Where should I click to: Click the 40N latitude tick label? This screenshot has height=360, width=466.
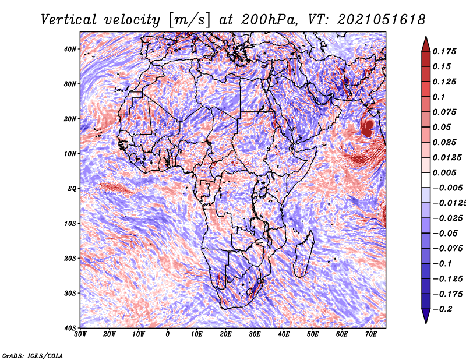(70, 49)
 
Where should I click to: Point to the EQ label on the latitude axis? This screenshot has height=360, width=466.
(72, 189)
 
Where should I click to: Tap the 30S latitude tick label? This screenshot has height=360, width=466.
(70, 293)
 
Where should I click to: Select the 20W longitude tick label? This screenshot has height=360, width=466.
(110, 334)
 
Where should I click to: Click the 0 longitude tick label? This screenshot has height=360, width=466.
(168, 334)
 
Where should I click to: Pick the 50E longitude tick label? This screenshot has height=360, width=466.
(313, 334)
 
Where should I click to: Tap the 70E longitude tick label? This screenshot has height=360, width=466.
(371, 334)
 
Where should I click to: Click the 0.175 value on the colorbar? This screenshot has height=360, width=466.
(444, 51)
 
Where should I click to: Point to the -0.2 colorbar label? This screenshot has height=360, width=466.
(442, 309)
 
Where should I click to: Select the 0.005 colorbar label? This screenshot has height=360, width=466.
(444, 172)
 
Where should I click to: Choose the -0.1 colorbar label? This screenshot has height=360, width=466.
(442, 263)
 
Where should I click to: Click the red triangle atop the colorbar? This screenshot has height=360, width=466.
(426, 44)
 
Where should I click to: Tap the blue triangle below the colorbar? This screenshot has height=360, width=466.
(426, 316)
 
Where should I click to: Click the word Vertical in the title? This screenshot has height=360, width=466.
(69, 20)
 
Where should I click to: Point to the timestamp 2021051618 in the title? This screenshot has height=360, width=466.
(382, 20)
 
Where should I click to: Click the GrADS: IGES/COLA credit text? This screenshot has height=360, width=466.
(33, 356)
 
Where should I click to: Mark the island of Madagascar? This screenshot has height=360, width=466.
(304, 254)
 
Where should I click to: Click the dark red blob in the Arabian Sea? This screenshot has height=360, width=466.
(368, 128)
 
